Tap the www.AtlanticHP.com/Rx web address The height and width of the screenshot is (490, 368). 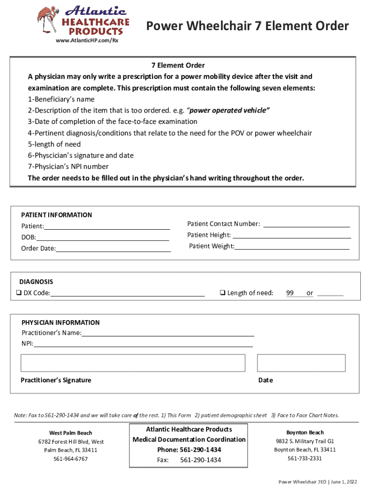[x=87, y=41]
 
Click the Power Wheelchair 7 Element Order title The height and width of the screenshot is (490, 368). [x=247, y=26]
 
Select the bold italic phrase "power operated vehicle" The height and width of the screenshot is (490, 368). [x=234, y=111]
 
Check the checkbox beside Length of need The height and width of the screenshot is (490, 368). [x=222, y=293]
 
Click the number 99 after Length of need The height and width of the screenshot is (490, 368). [x=290, y=293]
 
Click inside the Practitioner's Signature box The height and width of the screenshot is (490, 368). [x=133, y=363]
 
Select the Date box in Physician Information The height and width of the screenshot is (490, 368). [x=301, y=363]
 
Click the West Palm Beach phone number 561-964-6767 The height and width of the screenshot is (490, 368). [x=71, y=459]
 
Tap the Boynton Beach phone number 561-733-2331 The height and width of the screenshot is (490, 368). [x=304, y=458]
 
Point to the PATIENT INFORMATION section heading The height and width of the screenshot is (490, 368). [x=56, y=215]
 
